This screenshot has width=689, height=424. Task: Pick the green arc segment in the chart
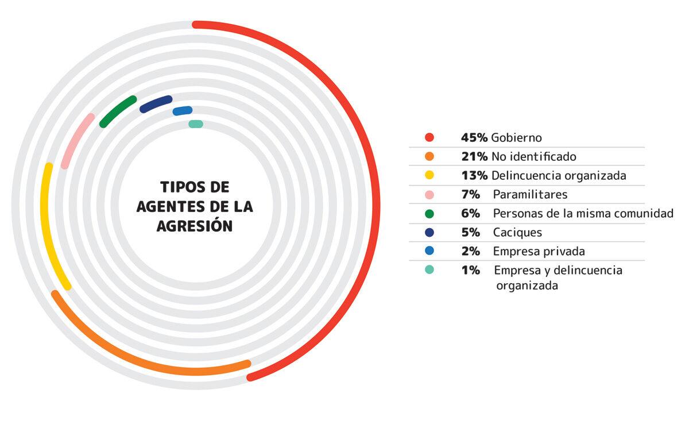[118, 111]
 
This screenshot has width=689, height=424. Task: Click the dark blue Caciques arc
[156, 104]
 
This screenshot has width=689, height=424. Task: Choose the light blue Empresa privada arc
[183, 111]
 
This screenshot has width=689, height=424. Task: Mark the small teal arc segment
[196, 124]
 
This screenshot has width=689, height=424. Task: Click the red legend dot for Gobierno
[429, 137]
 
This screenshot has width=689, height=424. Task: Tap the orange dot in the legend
[429, 156]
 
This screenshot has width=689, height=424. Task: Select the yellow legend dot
[429, 175]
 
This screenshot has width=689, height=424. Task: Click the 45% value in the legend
[474, 138]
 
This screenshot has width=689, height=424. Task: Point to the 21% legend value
[474, 156]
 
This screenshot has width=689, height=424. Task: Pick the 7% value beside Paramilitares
[470, 194]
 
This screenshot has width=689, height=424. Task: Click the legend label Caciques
[517, 233]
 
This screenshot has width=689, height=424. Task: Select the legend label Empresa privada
[539, 251]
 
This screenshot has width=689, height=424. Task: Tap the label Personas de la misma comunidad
[583, 213]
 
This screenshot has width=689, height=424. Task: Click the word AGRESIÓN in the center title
[195, 226]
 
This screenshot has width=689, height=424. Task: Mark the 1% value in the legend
[470, 270]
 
